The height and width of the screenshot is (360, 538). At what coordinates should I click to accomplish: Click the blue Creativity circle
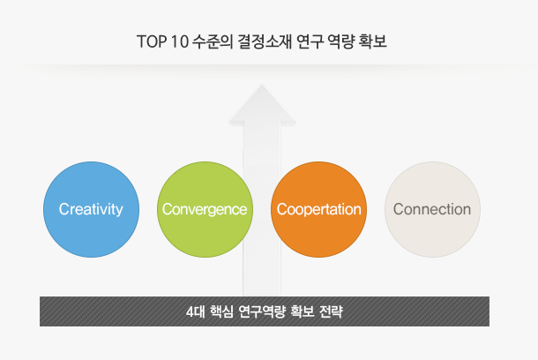[x=91, y=209]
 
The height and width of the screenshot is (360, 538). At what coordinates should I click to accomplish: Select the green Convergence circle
[x=205, y=209]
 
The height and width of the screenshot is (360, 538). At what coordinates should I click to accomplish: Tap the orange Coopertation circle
[x=318, y=209]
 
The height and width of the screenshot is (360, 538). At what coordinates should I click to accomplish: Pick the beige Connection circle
[x=432, y=209]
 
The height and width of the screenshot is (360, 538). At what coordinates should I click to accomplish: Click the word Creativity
[x=91, y=209]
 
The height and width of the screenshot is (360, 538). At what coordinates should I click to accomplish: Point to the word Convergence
[x=205, y=209]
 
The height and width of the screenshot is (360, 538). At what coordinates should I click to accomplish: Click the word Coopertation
[x=319, y=209]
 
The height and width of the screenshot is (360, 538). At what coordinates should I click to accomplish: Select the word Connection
[x=432, y=209]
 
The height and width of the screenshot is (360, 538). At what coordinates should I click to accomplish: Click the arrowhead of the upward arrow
[x=262, y=104]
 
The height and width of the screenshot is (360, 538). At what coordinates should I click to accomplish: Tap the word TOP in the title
[x=152, y=41]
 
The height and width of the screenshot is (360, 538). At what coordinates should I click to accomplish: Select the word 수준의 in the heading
[x=213, y=41]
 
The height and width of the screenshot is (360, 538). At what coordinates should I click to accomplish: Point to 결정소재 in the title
[x=265, y=41]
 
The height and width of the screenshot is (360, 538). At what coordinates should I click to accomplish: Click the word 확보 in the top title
[x=372, y=41]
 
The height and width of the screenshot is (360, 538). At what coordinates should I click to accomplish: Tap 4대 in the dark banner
[x=195, y=311]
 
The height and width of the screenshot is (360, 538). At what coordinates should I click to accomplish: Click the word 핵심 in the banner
[x=221, y=311]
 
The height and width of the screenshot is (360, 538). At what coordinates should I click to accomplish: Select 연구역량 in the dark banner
[x=262, y=311]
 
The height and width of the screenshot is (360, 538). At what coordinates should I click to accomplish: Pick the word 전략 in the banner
[x=331, y=311]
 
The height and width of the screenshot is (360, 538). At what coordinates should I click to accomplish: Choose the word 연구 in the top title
[x=310, y=41]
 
